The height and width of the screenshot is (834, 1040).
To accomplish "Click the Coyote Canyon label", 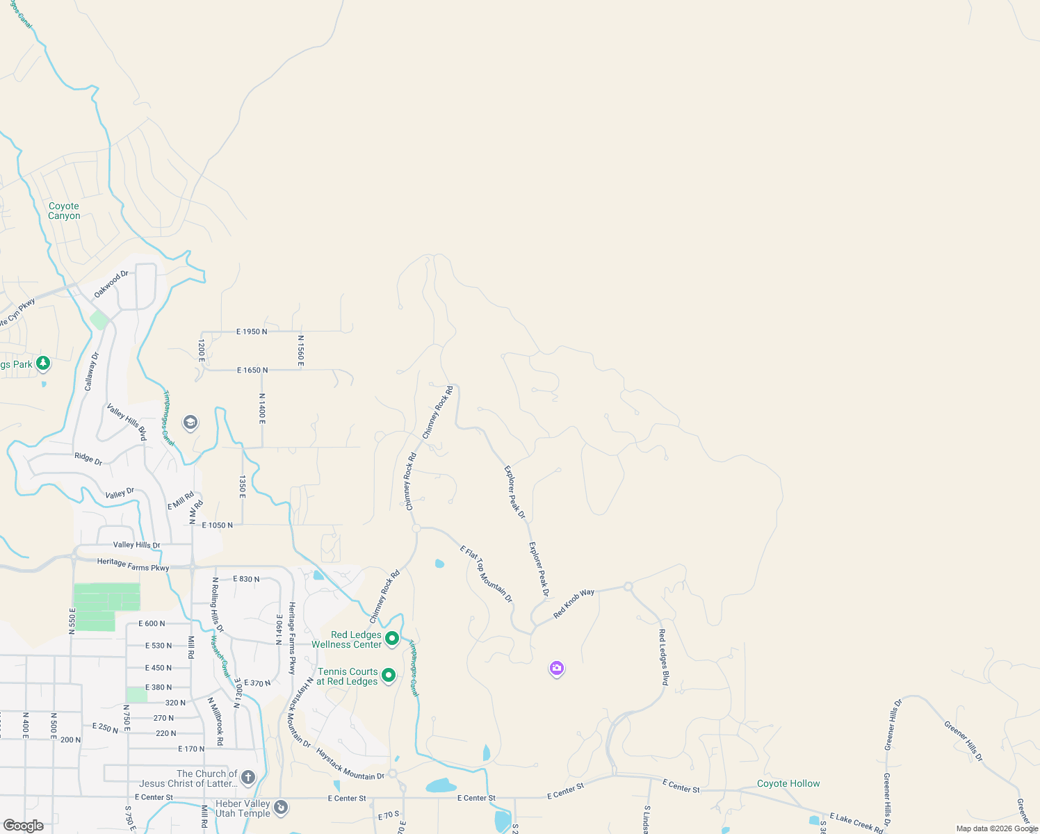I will pyautogui.click(x=64, y=211).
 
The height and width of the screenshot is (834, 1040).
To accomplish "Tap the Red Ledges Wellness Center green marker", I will pyautogui.click(x=392, y=638).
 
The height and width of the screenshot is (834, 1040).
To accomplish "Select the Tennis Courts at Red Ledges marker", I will pyautogui.click(x=389, y=675).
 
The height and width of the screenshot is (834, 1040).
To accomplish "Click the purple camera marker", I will pyautogui.click(x=556, y=669).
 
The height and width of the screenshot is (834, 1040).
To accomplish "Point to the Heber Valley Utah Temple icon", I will pyautogui.click(x=281, y=807).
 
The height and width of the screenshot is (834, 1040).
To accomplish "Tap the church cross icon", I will pyautogui.click(x=248, y=777).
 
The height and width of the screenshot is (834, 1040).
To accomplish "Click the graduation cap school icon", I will pyautogui.click(x=190, y=422).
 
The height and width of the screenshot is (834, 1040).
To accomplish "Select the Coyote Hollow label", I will pyautogui.click(x=788, y=783).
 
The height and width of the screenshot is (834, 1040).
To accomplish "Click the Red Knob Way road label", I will pyautogui.click(x=574, y=603).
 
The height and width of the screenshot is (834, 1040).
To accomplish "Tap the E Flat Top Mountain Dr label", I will pyautogui.click(x=487, y=574).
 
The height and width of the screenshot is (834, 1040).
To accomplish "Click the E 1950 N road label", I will pyautogui.click(x=252, y=332).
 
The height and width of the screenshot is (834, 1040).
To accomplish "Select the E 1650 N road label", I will pyautogui.click(x=252, y=370).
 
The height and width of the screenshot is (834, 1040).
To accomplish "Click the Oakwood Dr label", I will pyautogui.click(x=111, y=284).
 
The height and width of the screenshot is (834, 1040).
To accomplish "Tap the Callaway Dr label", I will pyautogui.click(x=92, y=371).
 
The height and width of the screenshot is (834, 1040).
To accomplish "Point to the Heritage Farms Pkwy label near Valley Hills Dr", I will pyautogui.click(x=133, y=565).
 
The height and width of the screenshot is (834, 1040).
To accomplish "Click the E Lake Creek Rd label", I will pyautogui.click(x=856, y=822).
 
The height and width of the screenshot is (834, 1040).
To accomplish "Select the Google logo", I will pyautogui.click(x=23, y=826).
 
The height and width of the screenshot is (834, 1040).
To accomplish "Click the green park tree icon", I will pyautogui.click(x=43, y=363).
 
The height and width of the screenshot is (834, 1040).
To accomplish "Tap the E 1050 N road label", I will pyautogui.click(x=217, y=525).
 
